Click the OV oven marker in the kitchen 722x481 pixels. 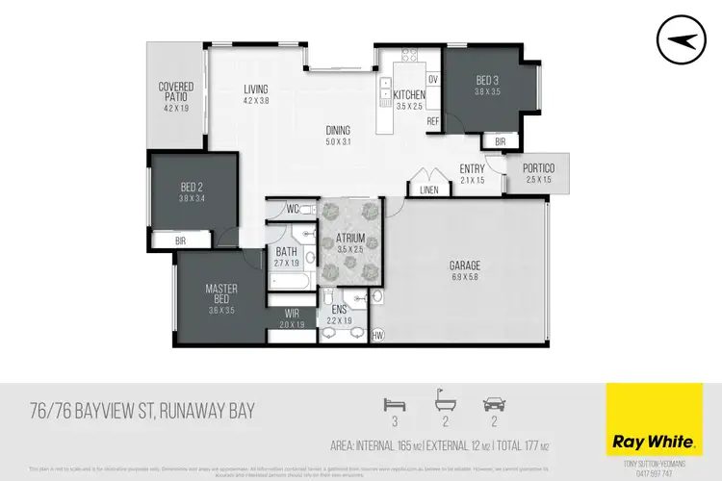click(432, 79)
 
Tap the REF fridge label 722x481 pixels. click(432, 122)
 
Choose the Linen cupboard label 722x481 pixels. click(429, 190)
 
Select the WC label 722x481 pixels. click(294, 209)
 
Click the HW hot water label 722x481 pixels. click(376, 335)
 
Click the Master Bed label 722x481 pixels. click(221, 293)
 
